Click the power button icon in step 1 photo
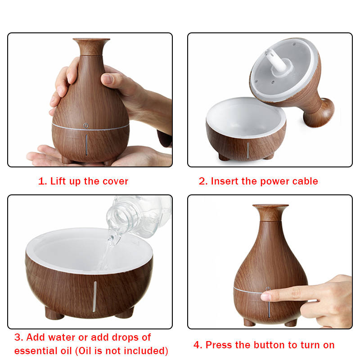pyautogui.click(x=86, y=126)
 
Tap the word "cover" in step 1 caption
pyautogui.click(x=115, y=181)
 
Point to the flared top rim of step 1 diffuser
pyautogui.click(x=91, y=40)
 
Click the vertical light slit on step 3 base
pyautogui.click(x=94, y=297)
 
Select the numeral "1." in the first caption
pyautogui.click(x=42, y=181)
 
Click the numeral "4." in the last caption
pyautogui.click(x=198, y=345)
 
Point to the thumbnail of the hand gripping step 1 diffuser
pyautogui.click(x=108, y=79)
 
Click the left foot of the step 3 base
pyautogui.click(x=54, y=313)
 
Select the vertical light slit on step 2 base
pyautogui.click(x=248, y=150)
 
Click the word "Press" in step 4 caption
pyautogui.click(x=219, y=345)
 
